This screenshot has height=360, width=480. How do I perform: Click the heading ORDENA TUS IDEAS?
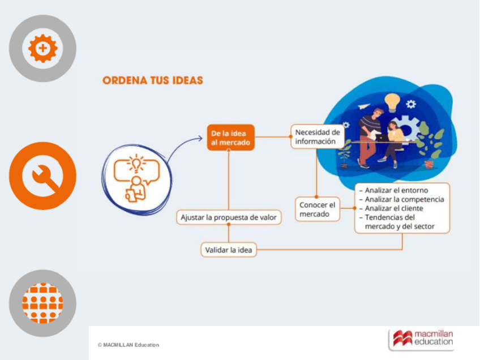(153, 80)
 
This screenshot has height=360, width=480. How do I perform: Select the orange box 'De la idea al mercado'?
(230, 138)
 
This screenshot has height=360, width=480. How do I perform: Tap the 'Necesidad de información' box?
(317, 136)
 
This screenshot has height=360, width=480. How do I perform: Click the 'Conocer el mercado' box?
(318, 209)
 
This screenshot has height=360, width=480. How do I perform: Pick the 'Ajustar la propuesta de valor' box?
(229, 217)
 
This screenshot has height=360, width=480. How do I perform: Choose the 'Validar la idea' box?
(229, 249)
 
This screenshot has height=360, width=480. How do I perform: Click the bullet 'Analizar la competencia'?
(404, 199)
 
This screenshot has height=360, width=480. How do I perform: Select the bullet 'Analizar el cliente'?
(394, 208)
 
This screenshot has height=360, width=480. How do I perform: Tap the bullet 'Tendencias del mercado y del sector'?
(399, 222)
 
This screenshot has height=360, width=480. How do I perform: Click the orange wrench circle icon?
(42, 176)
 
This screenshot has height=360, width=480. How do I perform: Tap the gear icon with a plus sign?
(42, 48)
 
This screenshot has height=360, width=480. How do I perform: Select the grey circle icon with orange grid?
(42, 303)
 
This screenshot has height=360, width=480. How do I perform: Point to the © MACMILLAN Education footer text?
(128, 345)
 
